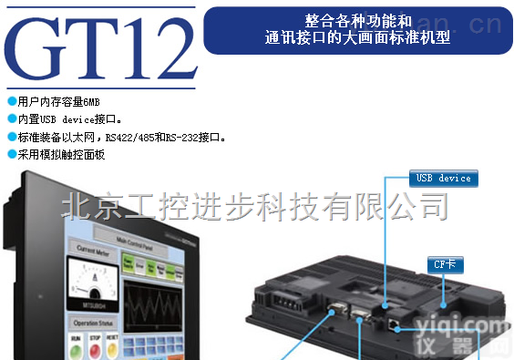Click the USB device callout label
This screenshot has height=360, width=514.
point(443,178)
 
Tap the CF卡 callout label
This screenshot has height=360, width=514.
point(443,264)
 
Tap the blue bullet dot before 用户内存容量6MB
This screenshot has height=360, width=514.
point(11,100)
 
